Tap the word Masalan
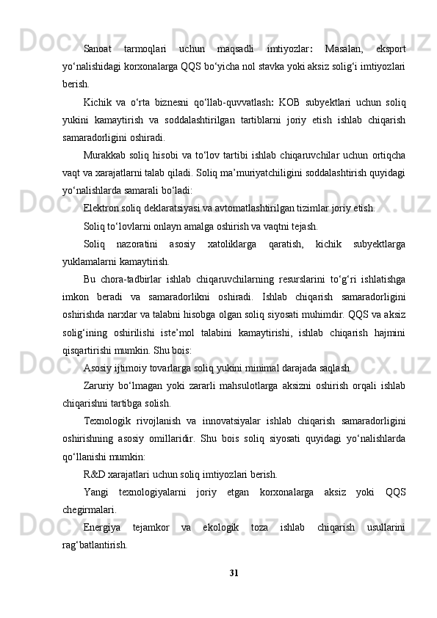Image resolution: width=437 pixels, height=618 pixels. click(342, 49)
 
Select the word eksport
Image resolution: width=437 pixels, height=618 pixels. click(391, 49)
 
